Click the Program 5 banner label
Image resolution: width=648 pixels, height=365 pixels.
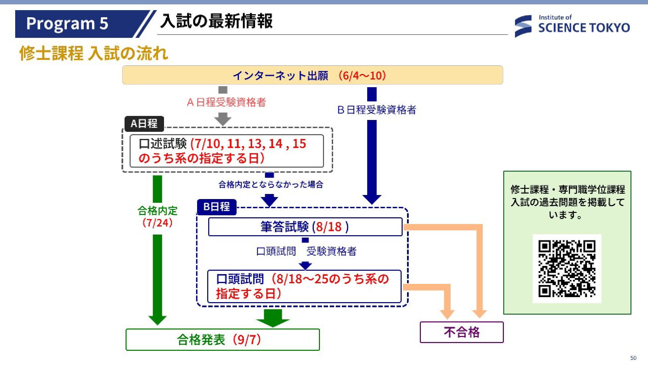67,24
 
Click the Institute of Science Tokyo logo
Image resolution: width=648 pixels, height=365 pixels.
572,25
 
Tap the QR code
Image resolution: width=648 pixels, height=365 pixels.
567,268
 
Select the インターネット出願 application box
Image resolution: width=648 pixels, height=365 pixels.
312,75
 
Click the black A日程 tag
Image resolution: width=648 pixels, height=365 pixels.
144,124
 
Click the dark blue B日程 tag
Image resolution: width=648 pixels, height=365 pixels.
216,206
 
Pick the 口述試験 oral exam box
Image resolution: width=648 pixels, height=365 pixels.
226,151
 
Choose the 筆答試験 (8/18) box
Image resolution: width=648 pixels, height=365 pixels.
305,227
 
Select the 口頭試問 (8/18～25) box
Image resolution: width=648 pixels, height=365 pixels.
304,286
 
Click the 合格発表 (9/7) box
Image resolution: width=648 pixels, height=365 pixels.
222,340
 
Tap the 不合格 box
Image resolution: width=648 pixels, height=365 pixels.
461,332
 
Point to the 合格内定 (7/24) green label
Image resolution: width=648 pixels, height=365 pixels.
157,217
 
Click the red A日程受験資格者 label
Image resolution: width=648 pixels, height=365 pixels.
226,102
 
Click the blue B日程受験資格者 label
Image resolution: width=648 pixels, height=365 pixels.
377,110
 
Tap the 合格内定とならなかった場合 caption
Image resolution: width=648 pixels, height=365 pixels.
271,185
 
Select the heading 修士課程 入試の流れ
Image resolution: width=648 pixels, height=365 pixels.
94,53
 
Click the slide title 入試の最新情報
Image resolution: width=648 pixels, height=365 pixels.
216,21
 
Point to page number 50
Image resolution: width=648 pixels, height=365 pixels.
633,358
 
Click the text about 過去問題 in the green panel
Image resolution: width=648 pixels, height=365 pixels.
567,202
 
